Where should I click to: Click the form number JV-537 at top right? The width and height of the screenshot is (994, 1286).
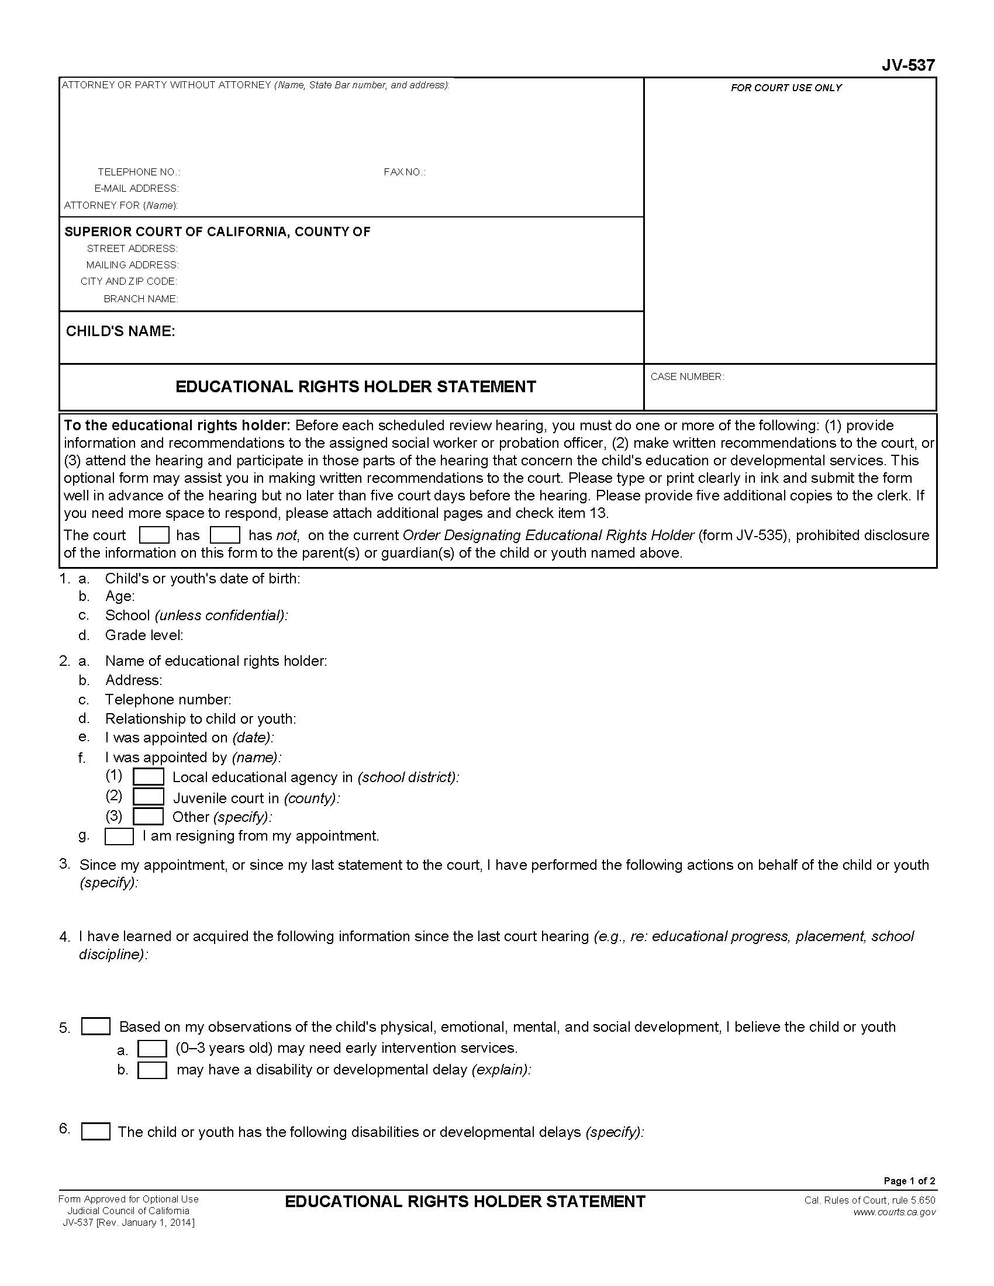click(x=907, y=65)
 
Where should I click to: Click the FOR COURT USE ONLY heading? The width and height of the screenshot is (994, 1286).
click(x=785, y=88)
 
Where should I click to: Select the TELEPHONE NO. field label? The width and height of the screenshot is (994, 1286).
click(x=139, y=172)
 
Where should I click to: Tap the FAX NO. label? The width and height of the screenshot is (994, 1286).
click(x=405, y=172)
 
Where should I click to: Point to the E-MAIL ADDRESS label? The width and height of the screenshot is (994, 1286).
click(x=137, y=188)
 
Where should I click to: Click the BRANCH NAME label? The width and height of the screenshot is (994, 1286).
click(x=141, y=299)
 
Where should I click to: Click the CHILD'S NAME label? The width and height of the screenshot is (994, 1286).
click(x=120, y=331)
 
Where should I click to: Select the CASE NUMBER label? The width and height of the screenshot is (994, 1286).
click(x=686, y=377)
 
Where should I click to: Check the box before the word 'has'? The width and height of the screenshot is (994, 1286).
click(x=154, y=535)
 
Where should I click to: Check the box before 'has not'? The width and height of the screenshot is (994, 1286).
click(x=225, y=535)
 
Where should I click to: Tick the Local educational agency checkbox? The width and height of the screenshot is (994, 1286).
click(x=149, y=777)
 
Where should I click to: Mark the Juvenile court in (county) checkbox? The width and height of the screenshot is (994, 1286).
click(x=149, y=797)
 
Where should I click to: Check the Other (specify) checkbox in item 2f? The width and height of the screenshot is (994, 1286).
click(x=149, y=816)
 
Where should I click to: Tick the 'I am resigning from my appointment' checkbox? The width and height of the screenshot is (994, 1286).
click(x=119, y=836)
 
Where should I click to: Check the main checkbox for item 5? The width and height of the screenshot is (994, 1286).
click(x=95, y=1027)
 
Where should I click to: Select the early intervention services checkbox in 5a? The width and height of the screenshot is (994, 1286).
click(x=152, y=1049)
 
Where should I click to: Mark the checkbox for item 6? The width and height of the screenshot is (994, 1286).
click(x=95, y=1132)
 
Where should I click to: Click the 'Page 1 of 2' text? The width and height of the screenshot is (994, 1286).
click(x=909, y=1181)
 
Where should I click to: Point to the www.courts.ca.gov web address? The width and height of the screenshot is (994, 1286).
click(x=894, y=1212)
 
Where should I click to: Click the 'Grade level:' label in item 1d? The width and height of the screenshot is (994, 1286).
click(x=144, y=635)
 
